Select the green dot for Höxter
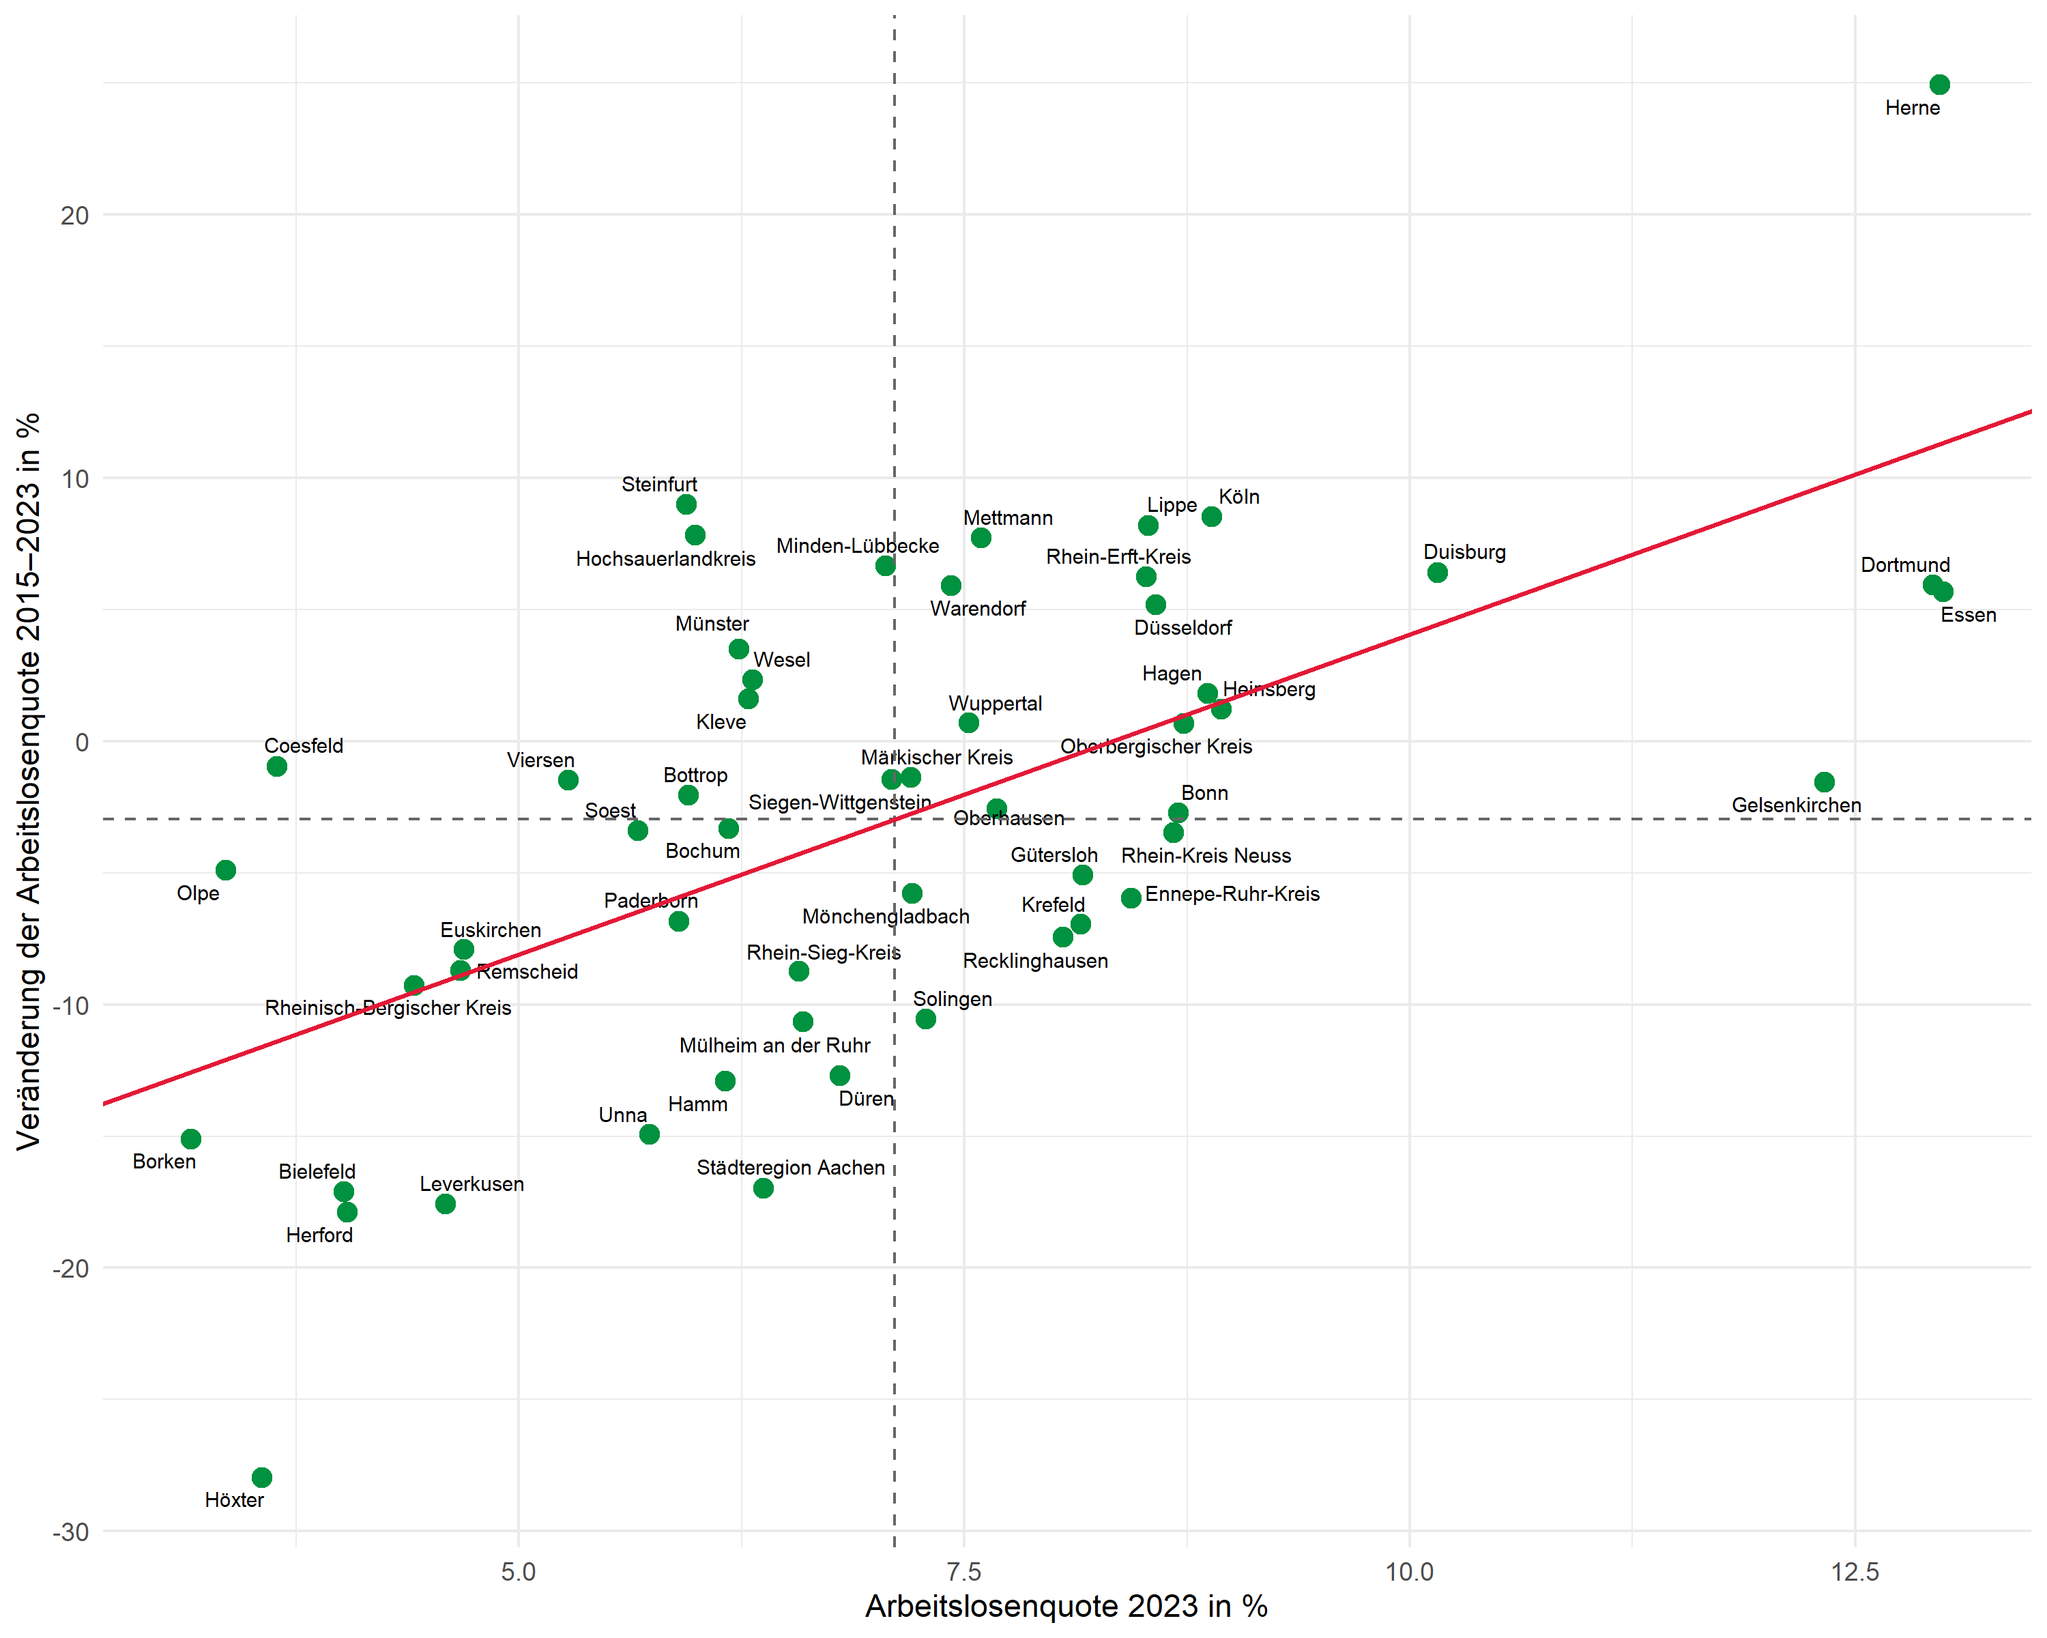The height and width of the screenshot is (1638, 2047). (262, 1478)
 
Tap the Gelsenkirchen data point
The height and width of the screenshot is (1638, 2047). (1824, 782)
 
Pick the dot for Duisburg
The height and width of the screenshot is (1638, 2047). (1438, 573)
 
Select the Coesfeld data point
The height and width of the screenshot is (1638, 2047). (277, 767)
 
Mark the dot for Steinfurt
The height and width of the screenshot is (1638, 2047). (686, 505)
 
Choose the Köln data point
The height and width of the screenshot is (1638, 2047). (1212, 517)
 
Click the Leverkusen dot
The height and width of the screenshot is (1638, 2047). (446, 1204)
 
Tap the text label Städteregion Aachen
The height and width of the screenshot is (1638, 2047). (790, 1168)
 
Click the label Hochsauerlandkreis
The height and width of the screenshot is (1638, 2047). (665, 559)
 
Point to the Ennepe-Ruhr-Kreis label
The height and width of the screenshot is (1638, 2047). (1232, 895)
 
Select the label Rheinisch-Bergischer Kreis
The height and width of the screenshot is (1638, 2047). (388, 1009)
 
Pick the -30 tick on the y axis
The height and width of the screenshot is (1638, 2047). (70, 1533)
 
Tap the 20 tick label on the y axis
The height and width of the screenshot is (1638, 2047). (74, 216)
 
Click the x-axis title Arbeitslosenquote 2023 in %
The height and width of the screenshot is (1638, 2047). (1066, 1607)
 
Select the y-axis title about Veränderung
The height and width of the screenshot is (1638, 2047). (29, 781)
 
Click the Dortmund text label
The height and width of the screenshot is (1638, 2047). (1904, 566)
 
